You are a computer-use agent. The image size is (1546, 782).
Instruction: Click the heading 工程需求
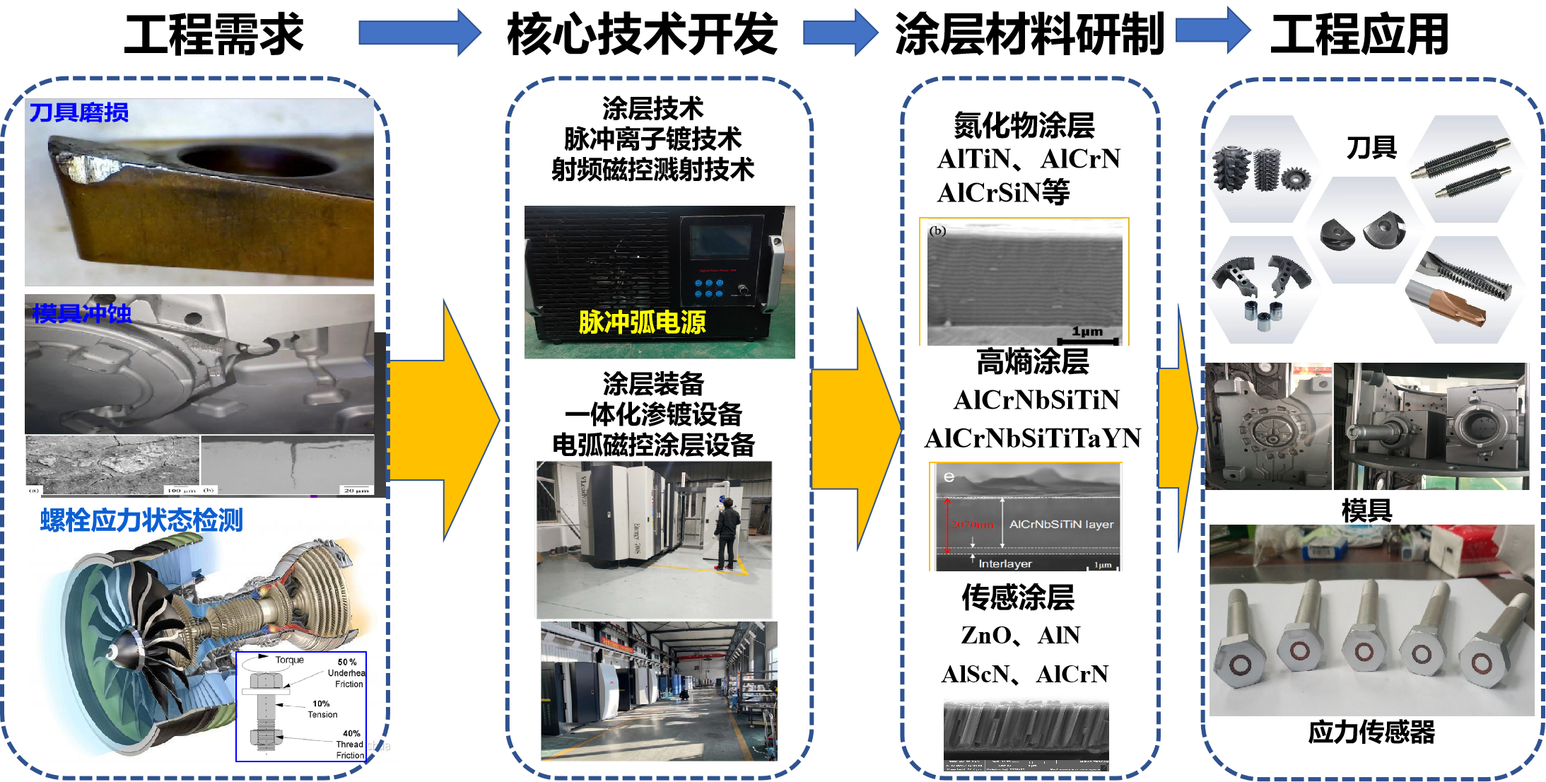click(213, 34)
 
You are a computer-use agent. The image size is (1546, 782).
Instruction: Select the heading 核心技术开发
click(642, 34)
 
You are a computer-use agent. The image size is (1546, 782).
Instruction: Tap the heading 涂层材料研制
click(1029, 34)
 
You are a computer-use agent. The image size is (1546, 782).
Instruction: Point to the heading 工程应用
click(1359, 34)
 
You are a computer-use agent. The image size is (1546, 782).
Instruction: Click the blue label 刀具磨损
click(78, 112)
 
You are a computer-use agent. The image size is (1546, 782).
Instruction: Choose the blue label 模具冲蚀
click(81, 313)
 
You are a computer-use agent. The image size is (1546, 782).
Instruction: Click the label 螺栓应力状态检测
click(141, 520)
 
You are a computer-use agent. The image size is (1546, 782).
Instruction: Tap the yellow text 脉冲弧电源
click(642, 322)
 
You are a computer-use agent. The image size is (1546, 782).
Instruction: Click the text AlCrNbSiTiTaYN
click(1032, 438)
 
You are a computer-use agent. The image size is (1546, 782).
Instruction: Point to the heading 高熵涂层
click(1032, 362)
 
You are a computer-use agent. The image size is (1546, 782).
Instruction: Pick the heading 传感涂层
click(1018, 597)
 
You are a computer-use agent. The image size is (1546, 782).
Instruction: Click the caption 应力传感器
click(1371, 733)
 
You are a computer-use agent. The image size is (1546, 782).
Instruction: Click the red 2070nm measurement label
click(972, 525)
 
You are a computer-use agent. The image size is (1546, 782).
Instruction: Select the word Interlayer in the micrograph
click(1005, 564)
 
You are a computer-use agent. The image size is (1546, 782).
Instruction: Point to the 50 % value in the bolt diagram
click(347, 662)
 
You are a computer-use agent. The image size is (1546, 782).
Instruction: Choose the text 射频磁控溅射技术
click(652, 170)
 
